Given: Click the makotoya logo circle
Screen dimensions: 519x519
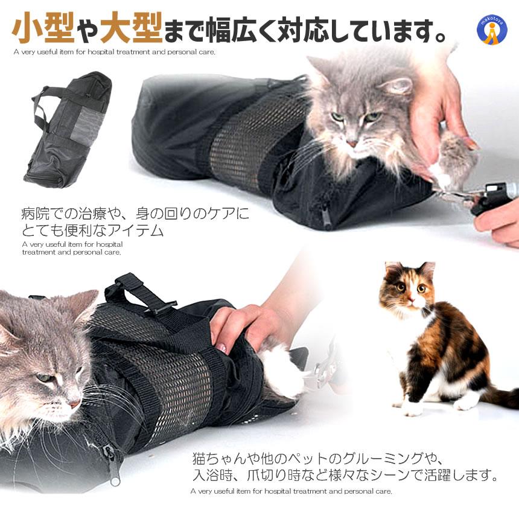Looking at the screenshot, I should (491, 30).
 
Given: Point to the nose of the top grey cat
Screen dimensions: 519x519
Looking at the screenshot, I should (352, 143).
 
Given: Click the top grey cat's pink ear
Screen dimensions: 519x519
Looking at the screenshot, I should (395, 86).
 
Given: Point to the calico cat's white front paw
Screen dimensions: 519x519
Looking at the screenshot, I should (413, 408).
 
